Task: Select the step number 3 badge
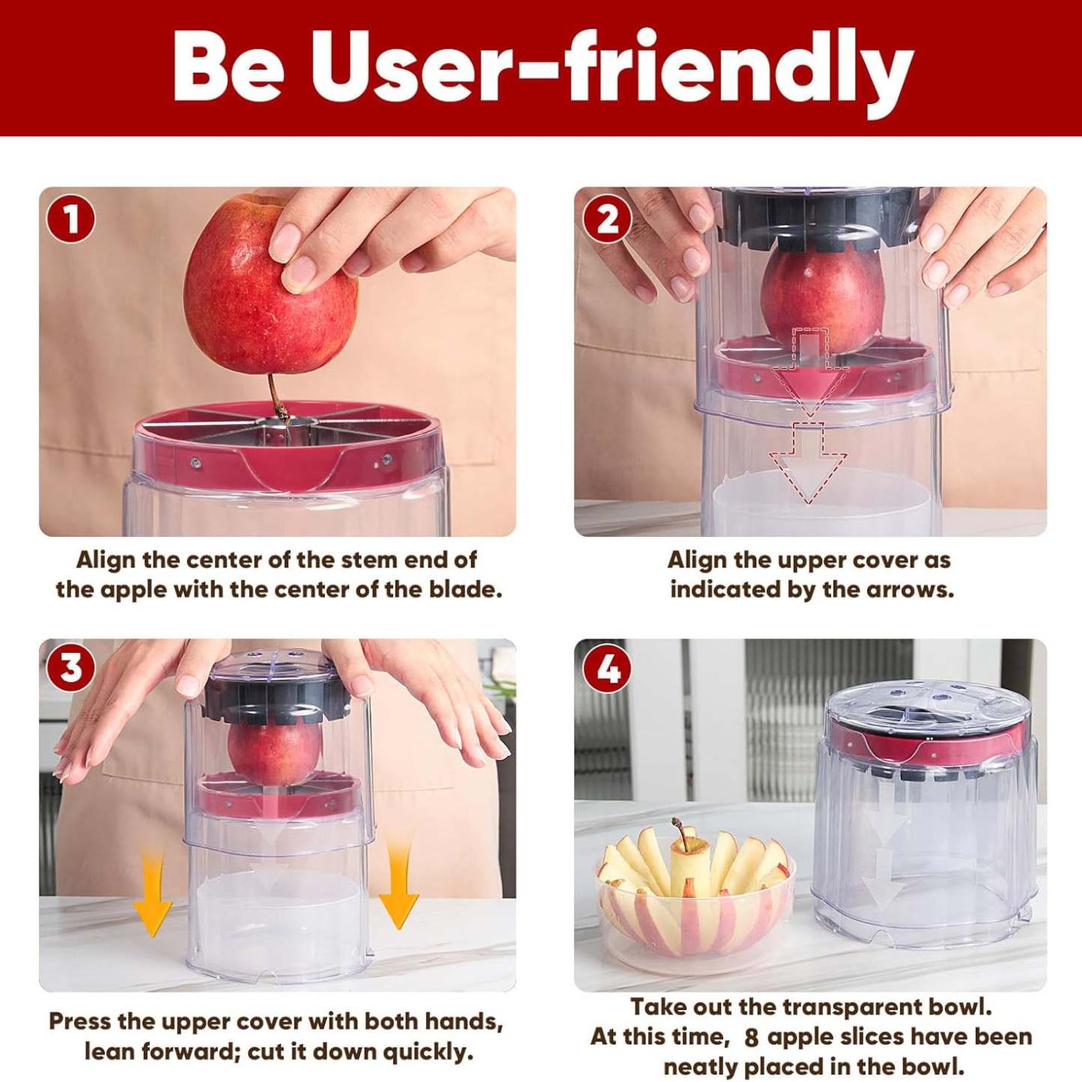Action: (x=70, y=667)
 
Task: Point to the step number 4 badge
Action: (x=607, y=667)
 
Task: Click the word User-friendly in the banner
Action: (x=611, y=69)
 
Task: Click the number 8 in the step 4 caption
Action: (x=751, y=1038)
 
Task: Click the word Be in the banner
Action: (x=228, y=69)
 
